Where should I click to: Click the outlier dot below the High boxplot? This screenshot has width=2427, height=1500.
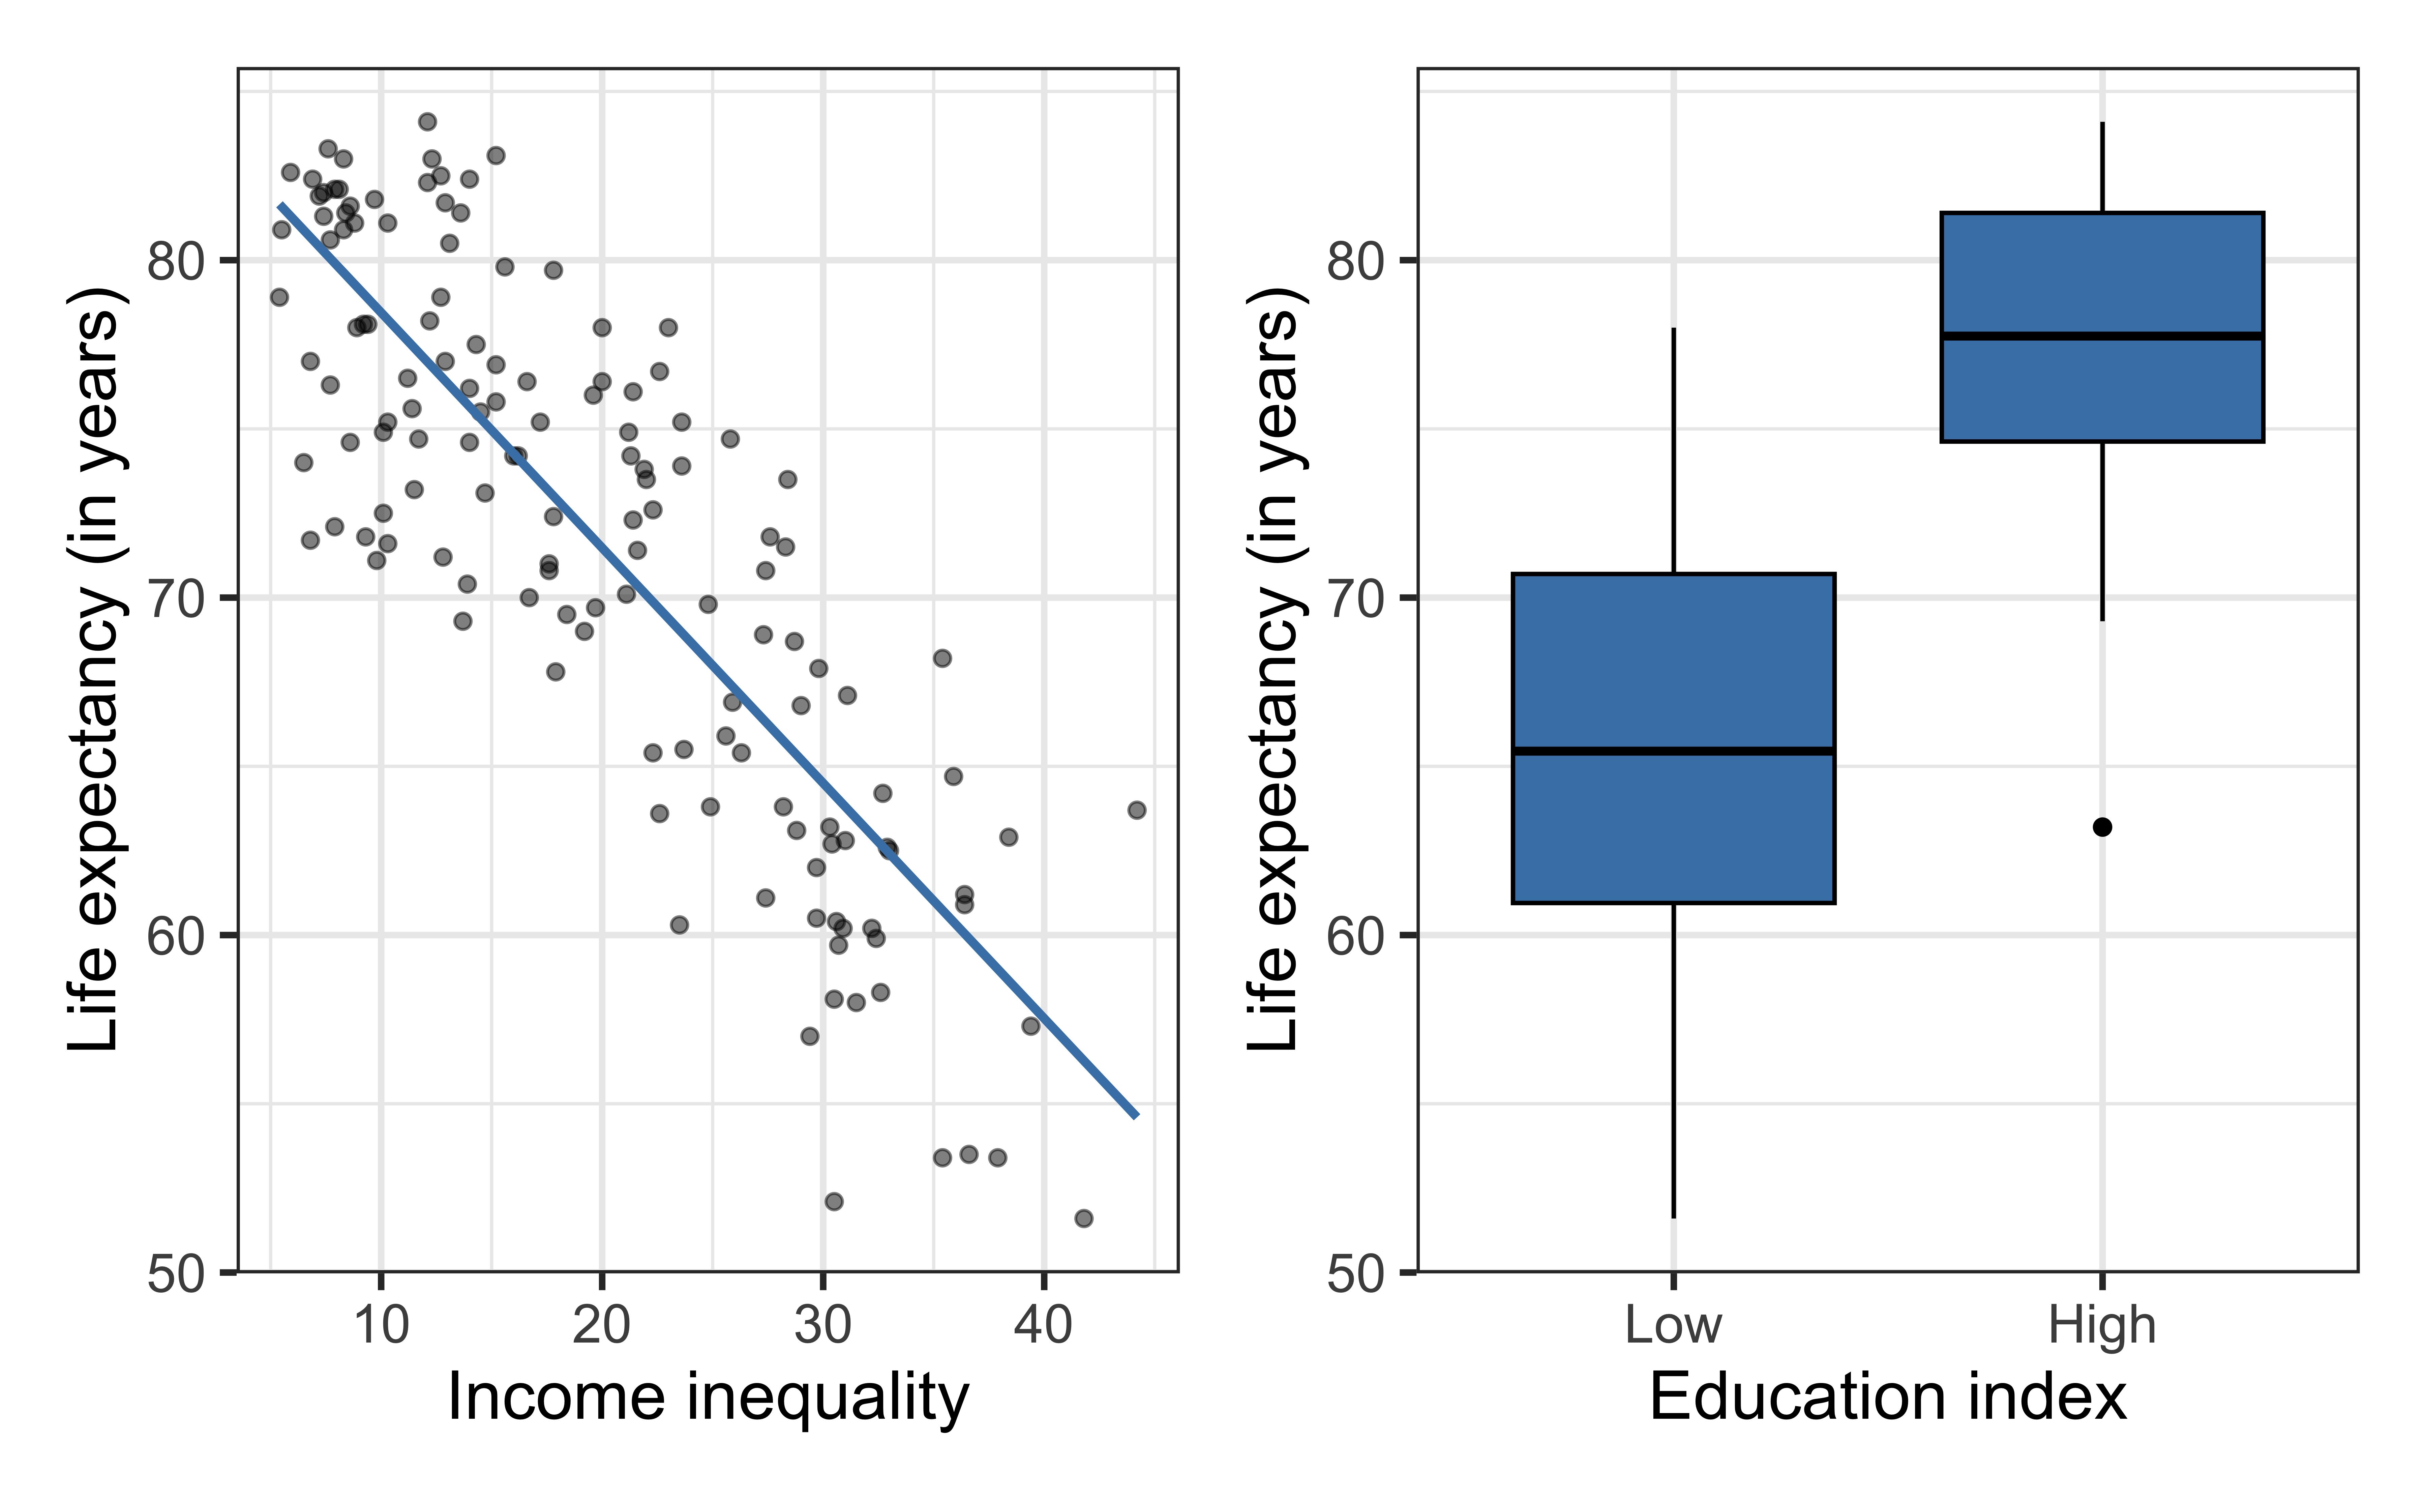2102,826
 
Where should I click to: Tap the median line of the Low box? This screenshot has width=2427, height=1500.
1673,751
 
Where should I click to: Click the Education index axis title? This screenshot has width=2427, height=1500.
1887,1399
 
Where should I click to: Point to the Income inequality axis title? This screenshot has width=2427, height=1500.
708,1399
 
